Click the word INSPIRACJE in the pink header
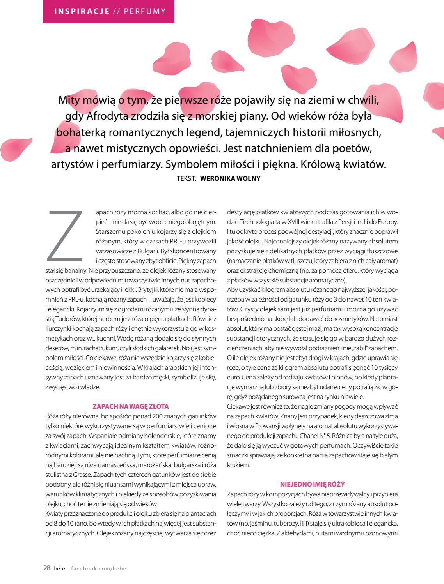click(x=82, y=11)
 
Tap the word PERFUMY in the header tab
click(x=145, y=11)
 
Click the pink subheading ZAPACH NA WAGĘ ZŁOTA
click(x=130, y=406)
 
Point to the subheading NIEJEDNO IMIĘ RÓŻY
click(x=312, y=484)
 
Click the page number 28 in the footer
click(x=46, y=568)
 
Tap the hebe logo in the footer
click(x=59, y=568)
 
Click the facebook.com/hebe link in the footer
click(x=99, y=568)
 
